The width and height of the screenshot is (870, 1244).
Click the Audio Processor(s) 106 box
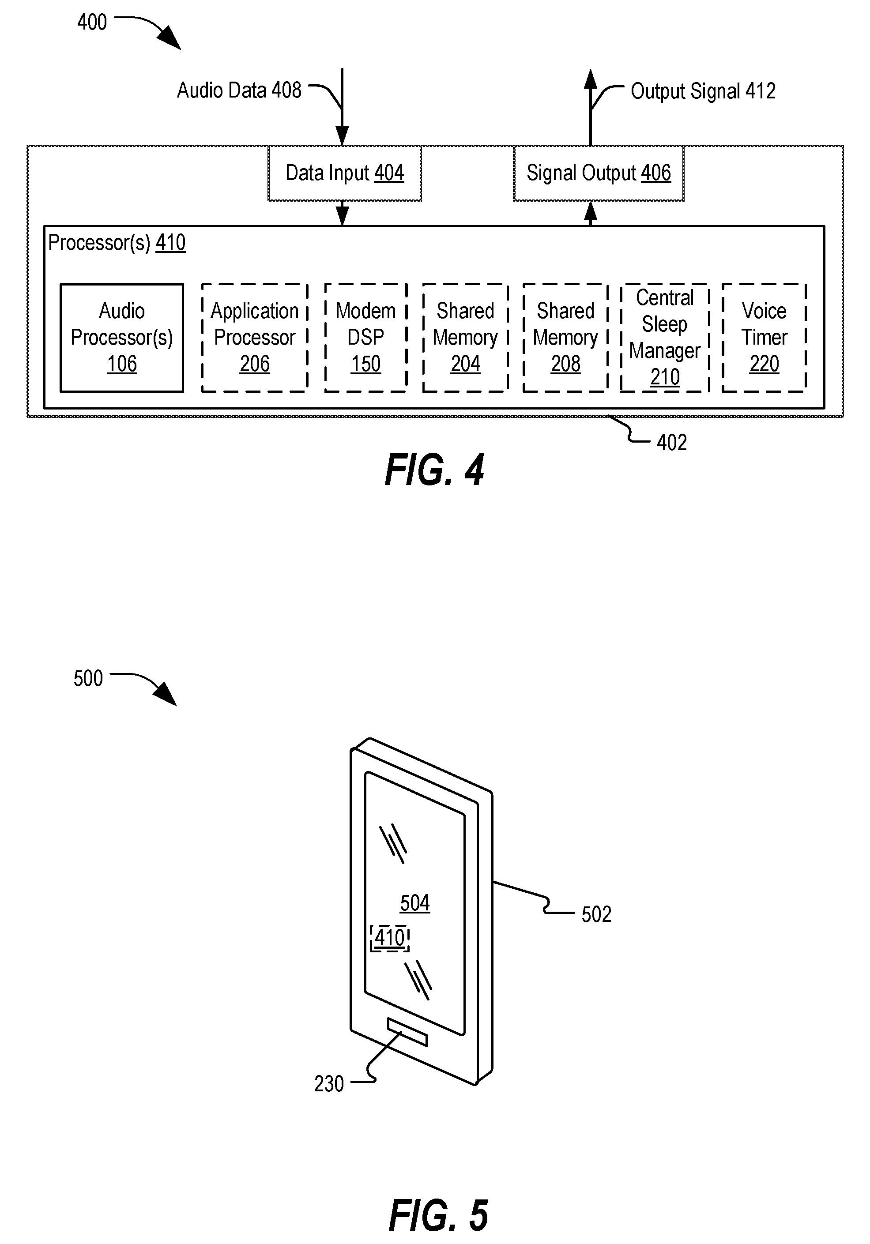(121, 338)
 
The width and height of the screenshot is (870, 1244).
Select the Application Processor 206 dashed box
(255, 338)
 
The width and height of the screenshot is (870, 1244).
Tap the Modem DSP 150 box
(366, 338)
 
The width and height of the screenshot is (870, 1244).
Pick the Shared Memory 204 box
(466, 338)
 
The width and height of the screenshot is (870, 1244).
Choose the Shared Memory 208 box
(565, 338)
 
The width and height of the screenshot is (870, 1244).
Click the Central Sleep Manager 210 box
(665, 338)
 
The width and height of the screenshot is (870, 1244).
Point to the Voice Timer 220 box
(765, 338)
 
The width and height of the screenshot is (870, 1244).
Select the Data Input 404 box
(345, 173)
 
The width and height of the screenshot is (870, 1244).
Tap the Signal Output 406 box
(599, 173)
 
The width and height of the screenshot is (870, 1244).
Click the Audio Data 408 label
(239, 90)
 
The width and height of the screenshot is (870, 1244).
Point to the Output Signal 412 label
(703, 91)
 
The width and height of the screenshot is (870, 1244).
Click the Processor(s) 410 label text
(117, 243)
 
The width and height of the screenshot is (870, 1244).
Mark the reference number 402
(672, 443)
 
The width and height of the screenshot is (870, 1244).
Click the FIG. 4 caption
(435, 470)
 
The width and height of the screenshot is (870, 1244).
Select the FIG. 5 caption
(438, 1215)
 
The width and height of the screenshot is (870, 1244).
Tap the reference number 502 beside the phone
(596, 915)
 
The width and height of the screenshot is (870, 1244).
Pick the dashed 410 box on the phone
(390, 939)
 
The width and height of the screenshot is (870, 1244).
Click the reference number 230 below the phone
(329, 1084)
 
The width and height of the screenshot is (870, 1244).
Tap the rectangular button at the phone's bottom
(407, 1032)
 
